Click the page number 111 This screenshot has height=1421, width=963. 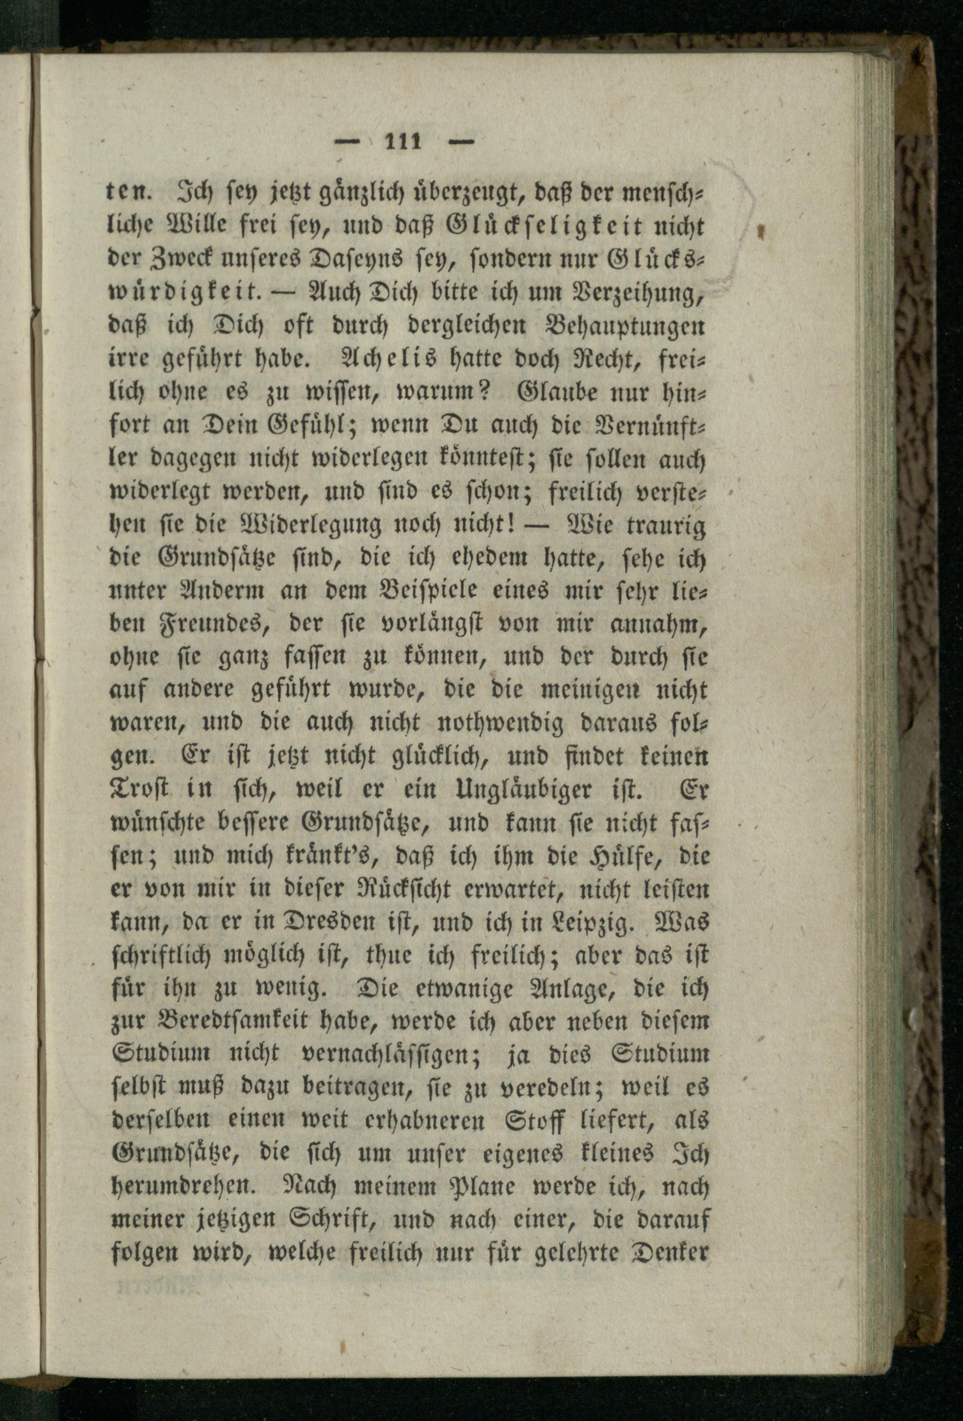pyautogui.click(x=403, y=142)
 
